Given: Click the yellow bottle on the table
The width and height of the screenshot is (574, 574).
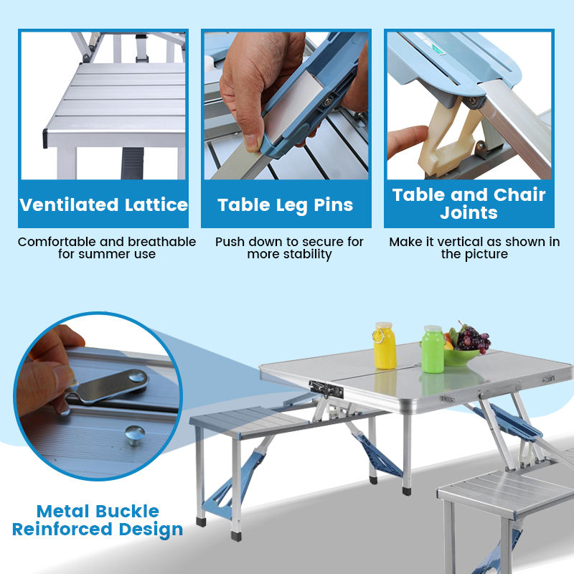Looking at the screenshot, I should tap(385, 347).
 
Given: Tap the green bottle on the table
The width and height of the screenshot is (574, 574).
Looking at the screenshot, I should tap(433, 351).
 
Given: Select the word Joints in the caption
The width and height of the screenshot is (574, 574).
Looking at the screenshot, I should tap(469, 213).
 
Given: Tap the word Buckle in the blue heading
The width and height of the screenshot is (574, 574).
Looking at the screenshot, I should tap(123, 512).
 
